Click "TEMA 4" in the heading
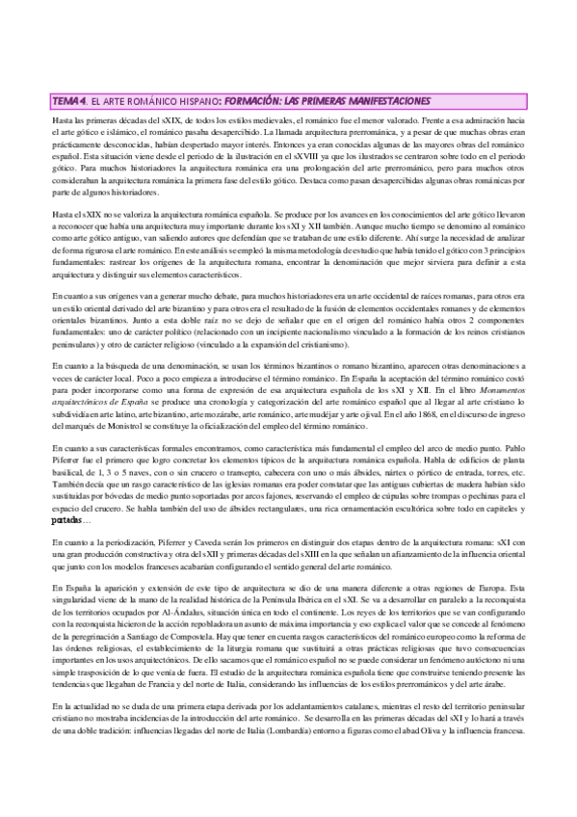[71, 100]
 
